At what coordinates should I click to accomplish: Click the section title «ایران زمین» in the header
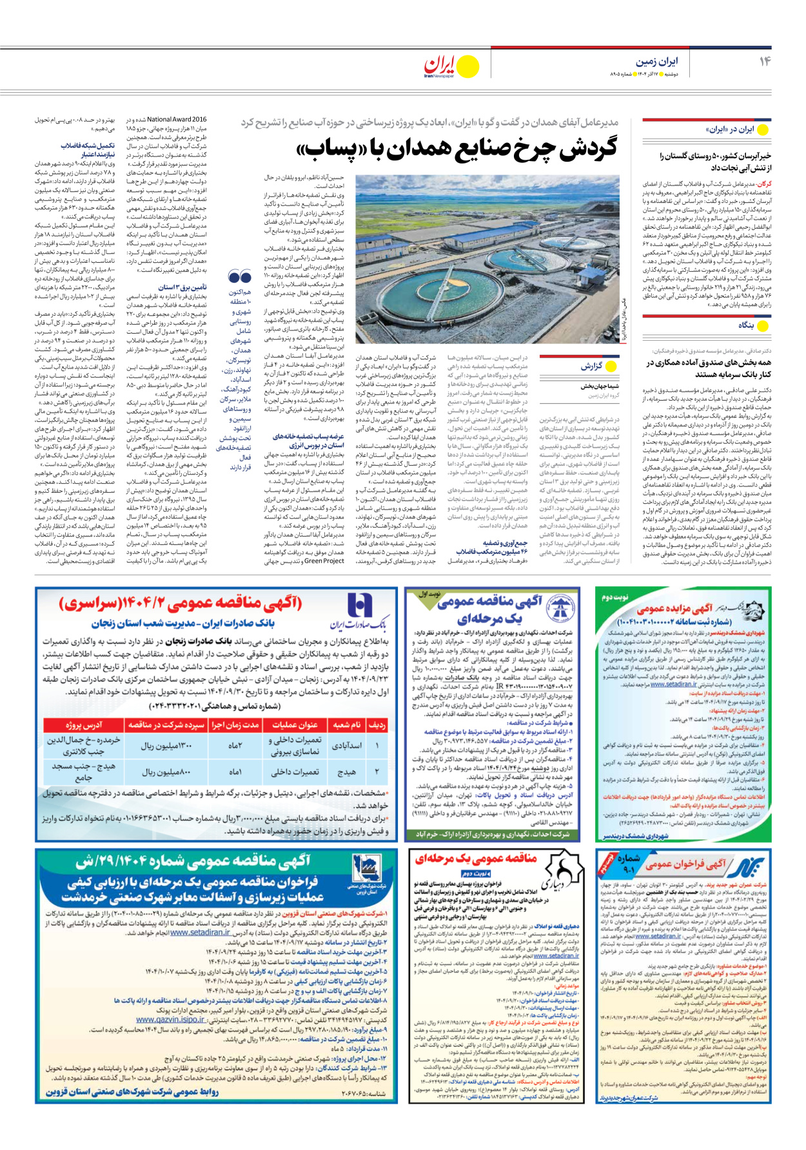click(x=656, y=61)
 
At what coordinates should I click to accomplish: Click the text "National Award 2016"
click(x=177, y=119)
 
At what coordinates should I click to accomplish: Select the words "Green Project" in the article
click(x=324, y=561)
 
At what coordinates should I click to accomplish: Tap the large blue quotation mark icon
click(x=240, y=278)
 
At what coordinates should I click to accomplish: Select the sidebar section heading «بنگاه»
click(x=745, y=325)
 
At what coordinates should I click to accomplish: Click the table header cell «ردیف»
click(x=377, y=725)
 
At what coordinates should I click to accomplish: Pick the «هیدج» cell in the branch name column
click(x=346, y=771)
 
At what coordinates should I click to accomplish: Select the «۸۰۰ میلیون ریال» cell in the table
click(x=166, y=772)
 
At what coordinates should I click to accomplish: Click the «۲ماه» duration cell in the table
click(x=235, y=745)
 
